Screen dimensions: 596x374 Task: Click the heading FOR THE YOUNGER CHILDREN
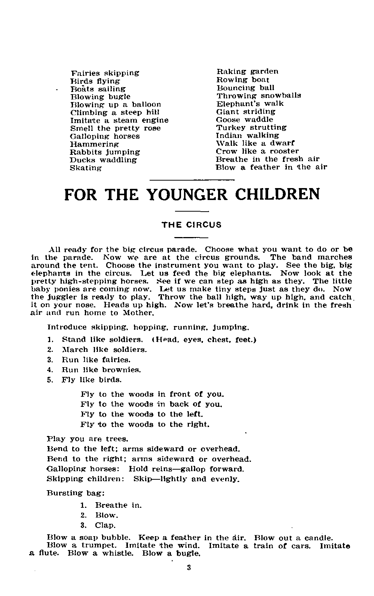click(x=192, y=194)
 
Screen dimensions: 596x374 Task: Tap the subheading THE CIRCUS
click(x=191, y=225)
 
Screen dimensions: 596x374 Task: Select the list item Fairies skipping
click(x=105, y=73)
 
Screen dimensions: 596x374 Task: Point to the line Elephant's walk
click(x=250, y=104)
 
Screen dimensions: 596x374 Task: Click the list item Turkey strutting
click(x=251, y=128)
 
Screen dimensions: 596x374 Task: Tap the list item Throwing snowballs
click(x=259, y=96)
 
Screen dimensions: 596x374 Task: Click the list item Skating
click(x=86, y=168)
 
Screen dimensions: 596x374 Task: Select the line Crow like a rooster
click(x=257, y=151)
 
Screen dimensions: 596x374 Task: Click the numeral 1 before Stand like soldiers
click(x=50, y=340)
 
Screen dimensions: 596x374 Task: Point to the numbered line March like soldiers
click(x=104, y=350)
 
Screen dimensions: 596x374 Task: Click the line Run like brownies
click(x=101, y=370)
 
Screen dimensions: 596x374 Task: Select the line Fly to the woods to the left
click(x=142, y=414)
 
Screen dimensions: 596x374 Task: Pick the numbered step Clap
click(x=105, y=525)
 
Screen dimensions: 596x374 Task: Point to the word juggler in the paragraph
click(x=60, y=298)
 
